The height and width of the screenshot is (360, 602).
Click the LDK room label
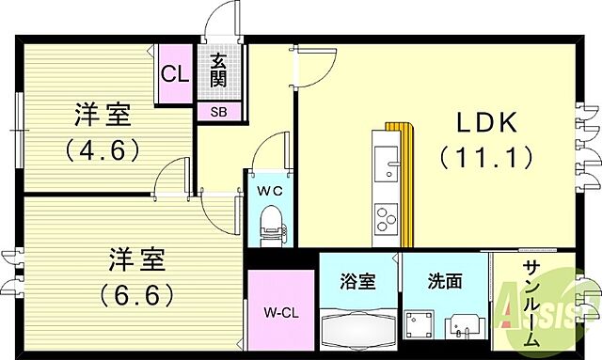tap(486, 123)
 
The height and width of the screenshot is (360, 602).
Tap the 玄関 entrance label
tap(219, 70)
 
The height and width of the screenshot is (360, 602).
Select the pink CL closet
tap(175, 73)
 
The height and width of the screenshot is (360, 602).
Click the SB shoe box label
tap(219, 112)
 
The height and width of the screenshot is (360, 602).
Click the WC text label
tap(270, 191)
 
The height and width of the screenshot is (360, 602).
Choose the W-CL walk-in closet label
tap(281, 313)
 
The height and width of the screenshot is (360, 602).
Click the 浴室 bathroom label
tap(357, 281)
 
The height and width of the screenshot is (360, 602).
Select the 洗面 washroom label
tap(445, 281)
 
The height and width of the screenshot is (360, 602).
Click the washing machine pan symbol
tap(420, 324)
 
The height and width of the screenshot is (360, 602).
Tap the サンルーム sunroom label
tap(531, 304)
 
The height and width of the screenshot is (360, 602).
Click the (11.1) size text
tap(486, 158)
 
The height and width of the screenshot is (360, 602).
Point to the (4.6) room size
tap(102, 149)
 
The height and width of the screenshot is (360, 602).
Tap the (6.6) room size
tap(137, 295)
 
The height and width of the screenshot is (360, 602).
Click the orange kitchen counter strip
tap(404, 184)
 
